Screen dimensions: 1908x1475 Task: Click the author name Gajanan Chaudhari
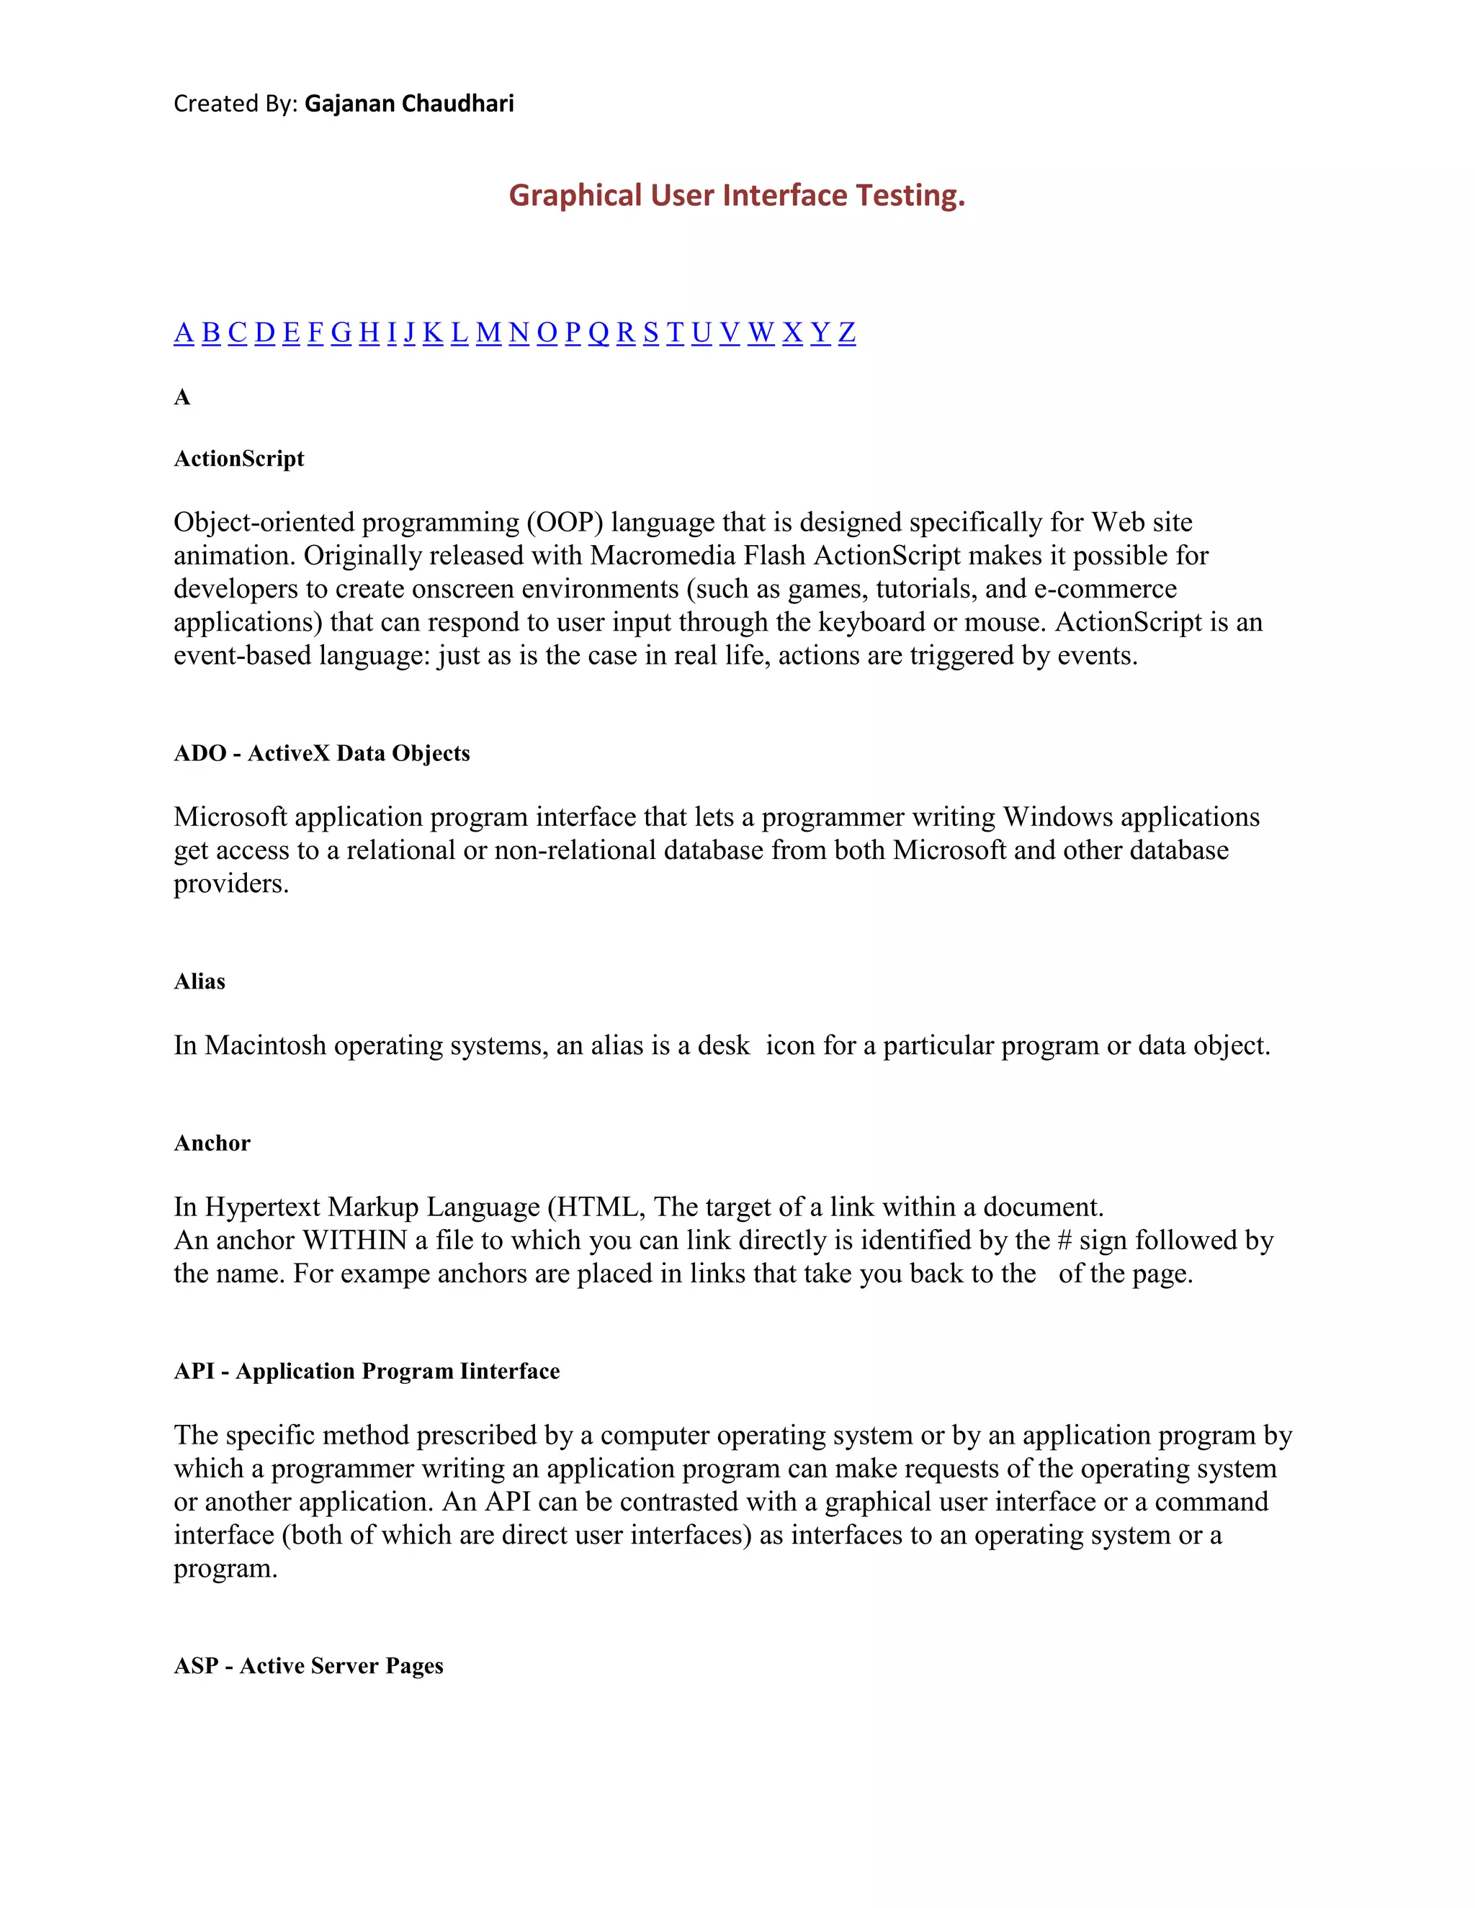(x=409, y=103)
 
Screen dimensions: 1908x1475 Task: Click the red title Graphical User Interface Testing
(x=737, y=195)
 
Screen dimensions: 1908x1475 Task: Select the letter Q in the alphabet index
(x=598, y=332)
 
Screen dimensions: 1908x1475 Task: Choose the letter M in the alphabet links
(x=488, y=332)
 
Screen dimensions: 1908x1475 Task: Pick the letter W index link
(x=761, y=332)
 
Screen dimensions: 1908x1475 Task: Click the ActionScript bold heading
(x=238, y=459)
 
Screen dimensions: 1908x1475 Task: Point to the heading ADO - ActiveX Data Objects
(x=321, y=753)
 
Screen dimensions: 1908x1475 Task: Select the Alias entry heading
(x=199, y=981)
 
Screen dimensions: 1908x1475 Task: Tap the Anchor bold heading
(x=212, y=1143)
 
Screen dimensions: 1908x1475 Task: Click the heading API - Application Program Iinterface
(x=366, y=1371)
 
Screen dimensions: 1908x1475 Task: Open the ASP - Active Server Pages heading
(x=308, y=1665)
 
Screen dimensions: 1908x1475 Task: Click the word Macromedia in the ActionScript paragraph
(x=663, y=556)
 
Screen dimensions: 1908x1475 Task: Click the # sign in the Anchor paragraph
(x=1064, y=1241)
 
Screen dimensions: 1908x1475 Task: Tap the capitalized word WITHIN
(x=355, y=1241)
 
